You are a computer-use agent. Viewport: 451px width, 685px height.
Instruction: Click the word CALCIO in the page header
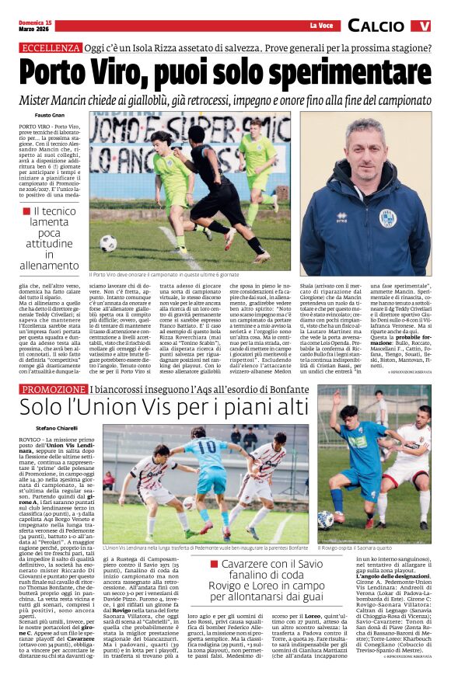(x=376, y=26)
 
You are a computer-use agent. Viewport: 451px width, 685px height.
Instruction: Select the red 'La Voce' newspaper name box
(x=320, y=26)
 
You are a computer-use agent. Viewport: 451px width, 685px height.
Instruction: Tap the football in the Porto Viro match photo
(x=108, y=243)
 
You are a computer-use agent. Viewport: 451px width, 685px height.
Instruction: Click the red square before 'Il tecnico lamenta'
(x=27, y=210)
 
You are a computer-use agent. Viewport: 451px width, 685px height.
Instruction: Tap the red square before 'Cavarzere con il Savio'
(x=213, y=564)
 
